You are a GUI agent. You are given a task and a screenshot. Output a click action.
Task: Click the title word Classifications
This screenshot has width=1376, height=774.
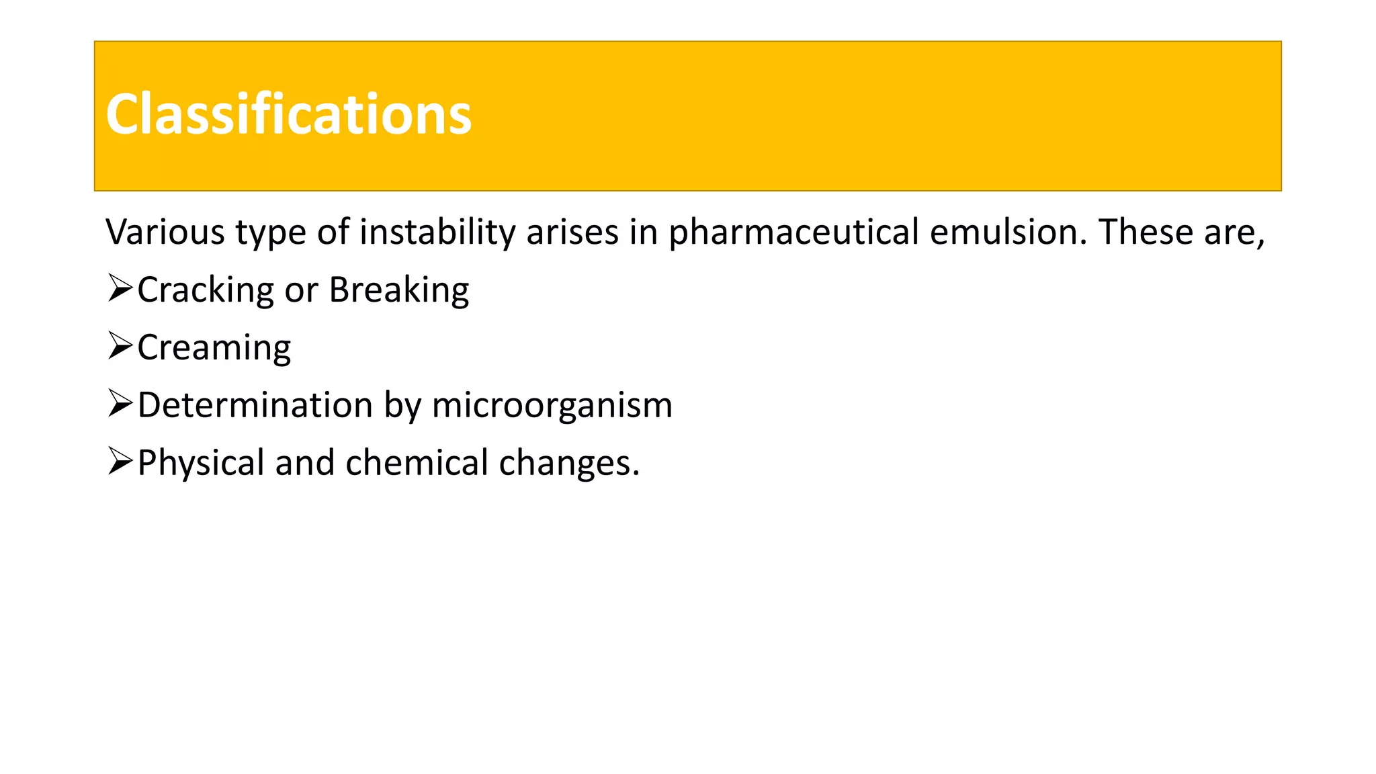(x=289, y=115)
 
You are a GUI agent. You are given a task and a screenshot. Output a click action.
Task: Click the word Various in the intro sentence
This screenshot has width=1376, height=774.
(x=165, y=232)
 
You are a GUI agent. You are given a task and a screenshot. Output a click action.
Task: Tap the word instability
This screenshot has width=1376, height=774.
(x=437, y=232)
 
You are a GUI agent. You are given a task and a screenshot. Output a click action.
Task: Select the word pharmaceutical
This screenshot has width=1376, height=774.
(x=793, y=232)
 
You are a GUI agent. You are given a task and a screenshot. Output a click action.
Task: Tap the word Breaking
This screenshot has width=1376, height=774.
(x=399, y=290)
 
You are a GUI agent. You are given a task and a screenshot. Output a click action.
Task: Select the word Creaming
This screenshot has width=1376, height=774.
(x=214, y=348)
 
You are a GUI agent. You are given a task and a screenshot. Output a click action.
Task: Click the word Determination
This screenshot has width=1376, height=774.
(x=255, y=405)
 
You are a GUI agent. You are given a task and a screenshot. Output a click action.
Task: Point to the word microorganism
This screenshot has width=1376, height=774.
(x=552, y=405)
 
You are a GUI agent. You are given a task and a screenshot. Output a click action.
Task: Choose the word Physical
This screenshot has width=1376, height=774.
(x=201, y=463)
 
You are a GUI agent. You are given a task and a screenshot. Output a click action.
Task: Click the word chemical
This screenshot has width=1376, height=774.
(x=417, y=463)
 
